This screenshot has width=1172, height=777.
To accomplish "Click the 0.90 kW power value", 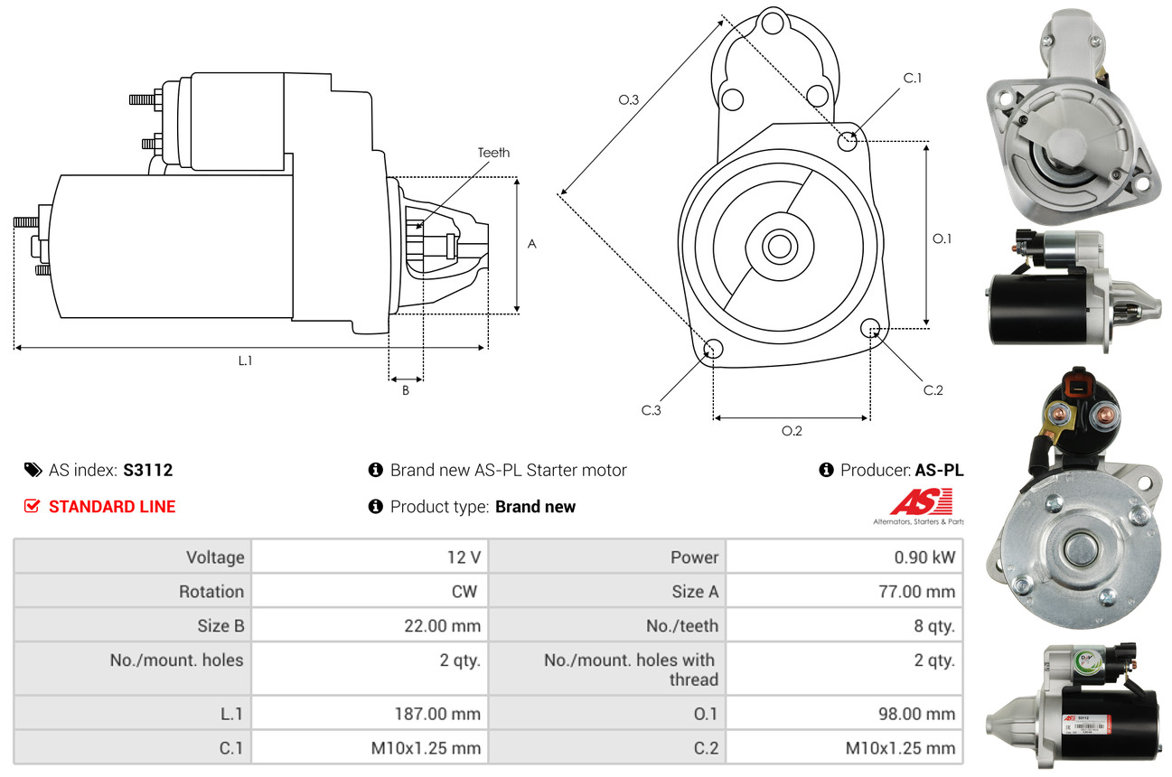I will (924, 557).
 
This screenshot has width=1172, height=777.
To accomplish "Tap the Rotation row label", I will (211, 592).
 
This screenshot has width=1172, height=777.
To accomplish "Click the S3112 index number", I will (147, 470).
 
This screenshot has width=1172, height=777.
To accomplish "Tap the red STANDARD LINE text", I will (112, 507).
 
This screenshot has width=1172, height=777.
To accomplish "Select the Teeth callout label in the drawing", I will (493, 153).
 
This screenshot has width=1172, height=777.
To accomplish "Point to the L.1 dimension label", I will (245, 360).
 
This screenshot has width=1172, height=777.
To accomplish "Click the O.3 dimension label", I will (629, 100).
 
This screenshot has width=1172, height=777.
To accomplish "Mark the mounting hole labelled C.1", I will (848, 141).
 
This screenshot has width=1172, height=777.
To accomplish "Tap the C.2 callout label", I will (933, 390).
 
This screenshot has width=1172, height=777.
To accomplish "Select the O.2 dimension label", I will (792, 431).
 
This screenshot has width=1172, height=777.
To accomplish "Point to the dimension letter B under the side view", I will (406, 391).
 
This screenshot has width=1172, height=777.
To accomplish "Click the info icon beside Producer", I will (826, 470).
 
